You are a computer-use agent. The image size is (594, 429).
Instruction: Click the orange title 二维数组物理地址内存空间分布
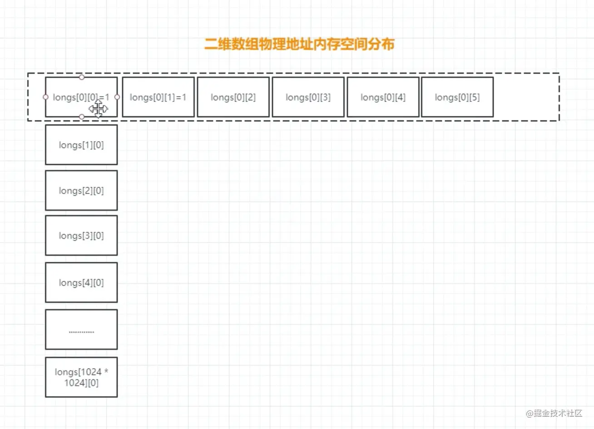(x=299, y=44)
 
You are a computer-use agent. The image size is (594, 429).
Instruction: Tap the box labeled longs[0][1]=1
(x=158, y=97)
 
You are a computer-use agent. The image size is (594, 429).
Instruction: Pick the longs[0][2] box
(x=233, y=97)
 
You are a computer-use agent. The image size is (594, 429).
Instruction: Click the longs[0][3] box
(x=308, y=97)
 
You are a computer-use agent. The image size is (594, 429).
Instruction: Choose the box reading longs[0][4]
(x=383, y=97)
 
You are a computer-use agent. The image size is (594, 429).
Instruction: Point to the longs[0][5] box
(x=457, y=97)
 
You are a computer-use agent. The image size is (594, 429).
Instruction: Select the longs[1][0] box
(x=81, y=145)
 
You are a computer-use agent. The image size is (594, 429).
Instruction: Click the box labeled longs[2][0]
(x=81, y=190)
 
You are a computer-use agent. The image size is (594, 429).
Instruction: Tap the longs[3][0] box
(x=81, y=235)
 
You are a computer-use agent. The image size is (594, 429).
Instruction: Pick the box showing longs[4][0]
(x=81, y=283)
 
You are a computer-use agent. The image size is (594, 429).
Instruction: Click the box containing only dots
(x=81, y=329)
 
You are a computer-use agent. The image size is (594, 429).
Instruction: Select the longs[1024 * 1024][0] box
(x=81, y=377)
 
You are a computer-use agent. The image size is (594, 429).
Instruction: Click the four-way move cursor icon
(x=98, y=109)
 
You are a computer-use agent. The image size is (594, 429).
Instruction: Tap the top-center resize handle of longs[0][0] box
(x=82, y=77)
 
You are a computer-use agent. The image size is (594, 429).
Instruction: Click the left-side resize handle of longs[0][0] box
(x=45, y=97)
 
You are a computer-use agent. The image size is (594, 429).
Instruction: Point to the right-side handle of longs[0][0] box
(x=117, y=97)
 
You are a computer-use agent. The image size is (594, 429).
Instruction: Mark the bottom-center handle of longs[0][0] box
(x=82, y=117)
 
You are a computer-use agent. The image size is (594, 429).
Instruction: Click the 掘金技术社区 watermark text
(x=558, y=413)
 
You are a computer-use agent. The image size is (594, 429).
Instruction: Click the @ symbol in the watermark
(x=530, y=414)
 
